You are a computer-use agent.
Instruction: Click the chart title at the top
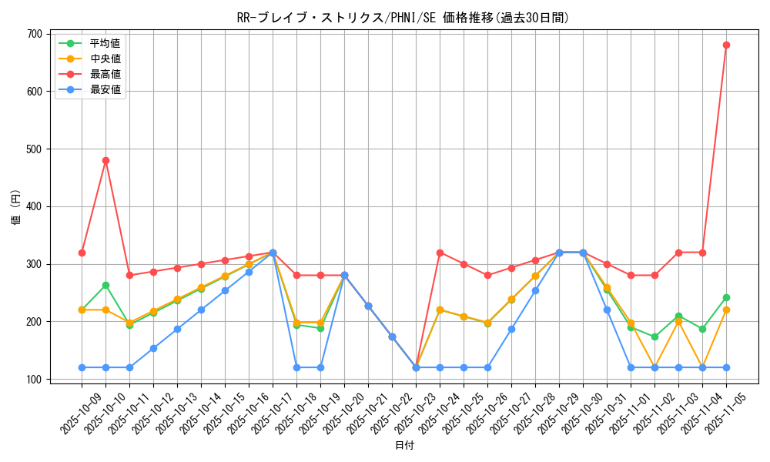403,18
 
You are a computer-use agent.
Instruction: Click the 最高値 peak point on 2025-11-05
726,45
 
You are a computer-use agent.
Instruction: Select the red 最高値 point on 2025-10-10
105,160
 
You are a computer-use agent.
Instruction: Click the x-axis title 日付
404,446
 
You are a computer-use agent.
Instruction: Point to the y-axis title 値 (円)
15,206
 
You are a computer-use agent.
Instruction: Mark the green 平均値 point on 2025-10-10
105,285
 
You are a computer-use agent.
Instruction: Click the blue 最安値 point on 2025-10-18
296,367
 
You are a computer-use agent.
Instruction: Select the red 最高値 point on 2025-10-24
440,253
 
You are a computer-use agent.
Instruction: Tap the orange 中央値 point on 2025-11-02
654,367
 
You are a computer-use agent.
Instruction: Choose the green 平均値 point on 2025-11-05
726,297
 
